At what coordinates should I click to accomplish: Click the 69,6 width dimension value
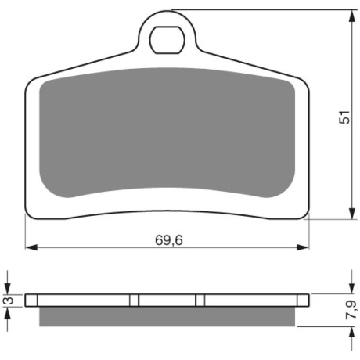coord(169,240)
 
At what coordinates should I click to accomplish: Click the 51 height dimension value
coord(344,117)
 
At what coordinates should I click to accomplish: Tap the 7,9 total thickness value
coord(351,309)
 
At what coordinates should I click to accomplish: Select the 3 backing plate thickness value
coord(9,301)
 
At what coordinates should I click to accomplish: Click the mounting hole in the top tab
coord(167,40)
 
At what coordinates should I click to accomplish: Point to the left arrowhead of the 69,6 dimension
coord(31,247)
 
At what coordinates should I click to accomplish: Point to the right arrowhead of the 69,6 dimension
coord(303,247)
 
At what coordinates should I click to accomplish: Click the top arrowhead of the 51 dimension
coord(352,16)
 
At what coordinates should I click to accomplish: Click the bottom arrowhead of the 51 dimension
coord(352,213)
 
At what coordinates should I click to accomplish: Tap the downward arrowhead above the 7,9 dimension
coord(352,287)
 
